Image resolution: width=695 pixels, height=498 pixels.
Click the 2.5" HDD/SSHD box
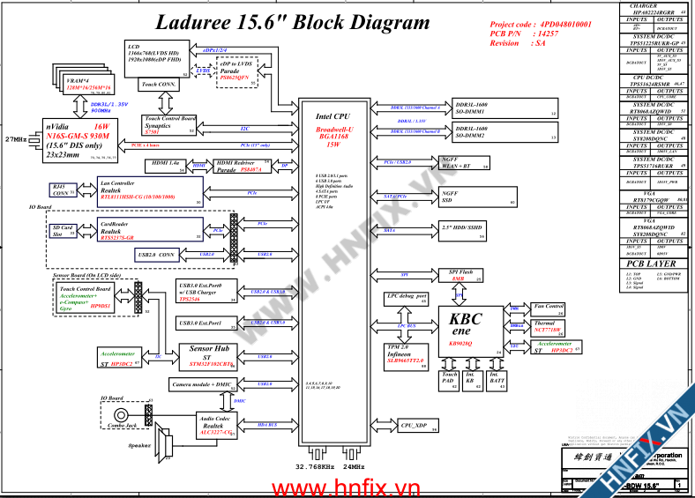tap(460, 230)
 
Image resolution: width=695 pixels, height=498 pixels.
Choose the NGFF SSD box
tap(460, 197)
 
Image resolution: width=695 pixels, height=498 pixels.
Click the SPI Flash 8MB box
tap(460, 275)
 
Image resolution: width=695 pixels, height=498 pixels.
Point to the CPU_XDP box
tap(413, 426)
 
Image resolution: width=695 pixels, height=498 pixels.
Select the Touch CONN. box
tap(159, 85)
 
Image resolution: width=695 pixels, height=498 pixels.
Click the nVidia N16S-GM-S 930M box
tap(76, 139)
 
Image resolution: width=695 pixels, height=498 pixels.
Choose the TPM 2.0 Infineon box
tap(406, 354)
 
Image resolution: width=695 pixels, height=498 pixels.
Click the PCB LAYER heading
tap(651, 264)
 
